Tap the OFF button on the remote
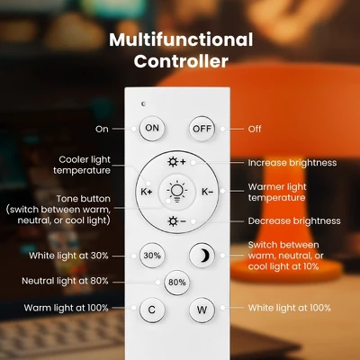pyautogui.click(x=202, y=129)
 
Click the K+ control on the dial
pyautogui.click(x=147, y=192)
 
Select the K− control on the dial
pyautogui.click(x=207, y=192)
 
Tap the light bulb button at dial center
pyautogui.click(x=177, y=192)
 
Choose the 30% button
pyautogui.click(x=152, y=256)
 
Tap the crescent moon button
pyautogui.click(x=202, y=256)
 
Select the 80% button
pyautogui.click(x=177, y=283)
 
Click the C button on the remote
pyautogui.click(x=152, y=310)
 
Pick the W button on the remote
pyautogui.click(x=202, y=310)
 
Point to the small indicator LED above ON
pyautogui.click(x=143, y=103)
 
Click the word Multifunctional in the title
pyautogui.click(x=181, y=40)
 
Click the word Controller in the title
pyautogui.click(x=181, y=61)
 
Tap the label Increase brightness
pyautogui.click(x=292, y=163)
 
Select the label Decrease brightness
pyautogui.click(x=294, y=221)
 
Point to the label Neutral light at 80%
pyautogui.click(x=65, y=281)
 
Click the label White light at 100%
pyautogui.click(x=290, y=308)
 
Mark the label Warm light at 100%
pyautogui.click(x=66, y=308)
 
